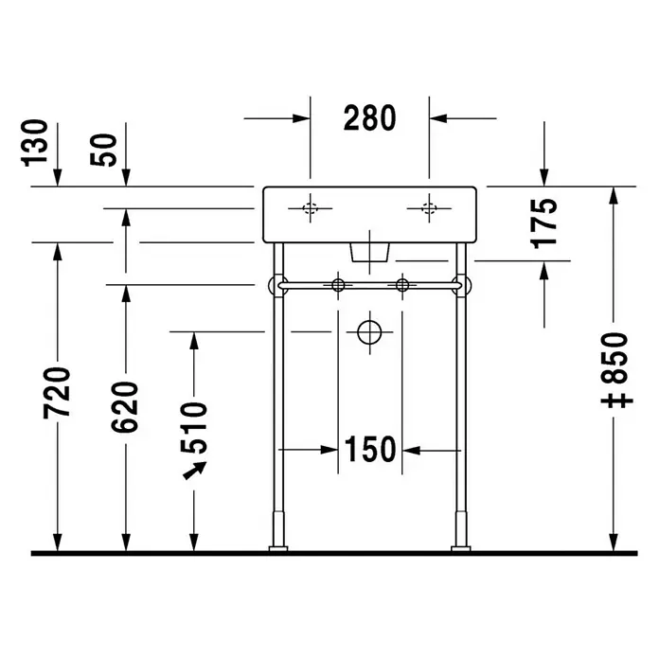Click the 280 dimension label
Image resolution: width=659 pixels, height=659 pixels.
click(x=369, y=118)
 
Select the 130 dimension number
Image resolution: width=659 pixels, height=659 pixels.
click(x=34, y=143)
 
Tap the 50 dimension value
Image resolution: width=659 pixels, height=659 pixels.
click(x=103, y=150)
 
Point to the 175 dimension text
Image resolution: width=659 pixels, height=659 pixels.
click(x=543, y=223)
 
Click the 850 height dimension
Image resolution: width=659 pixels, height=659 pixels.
click(x=616, y=358)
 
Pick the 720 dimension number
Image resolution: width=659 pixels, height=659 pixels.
click(x=57, y=393)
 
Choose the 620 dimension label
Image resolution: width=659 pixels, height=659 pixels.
click(x=124, y=407)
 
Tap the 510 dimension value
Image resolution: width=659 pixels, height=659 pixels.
click(x=194, y=428)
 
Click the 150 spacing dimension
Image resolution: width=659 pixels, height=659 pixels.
click(x=370, y=450)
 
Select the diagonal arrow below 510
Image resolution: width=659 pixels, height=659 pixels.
click(x=195, y=471)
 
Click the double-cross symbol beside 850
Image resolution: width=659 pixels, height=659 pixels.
click(x=617, y=401)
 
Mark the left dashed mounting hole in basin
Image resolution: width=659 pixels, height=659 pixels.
click(x=311, y=208)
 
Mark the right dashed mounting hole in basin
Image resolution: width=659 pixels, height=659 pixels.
click(x=429, y=208)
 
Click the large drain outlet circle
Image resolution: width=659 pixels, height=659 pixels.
click(x=369, y=332)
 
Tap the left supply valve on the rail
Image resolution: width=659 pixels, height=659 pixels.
click(x=338, y=285)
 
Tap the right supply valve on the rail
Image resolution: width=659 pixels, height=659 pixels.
click(x=402, y=285)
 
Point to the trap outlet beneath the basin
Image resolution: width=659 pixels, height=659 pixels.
click(x=370, y=252)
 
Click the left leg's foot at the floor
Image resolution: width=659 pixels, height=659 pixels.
click(x=278, y=548)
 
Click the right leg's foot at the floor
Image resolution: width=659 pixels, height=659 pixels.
click(x=461, y=548)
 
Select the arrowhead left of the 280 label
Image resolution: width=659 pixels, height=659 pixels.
click(x=301, y=118)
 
